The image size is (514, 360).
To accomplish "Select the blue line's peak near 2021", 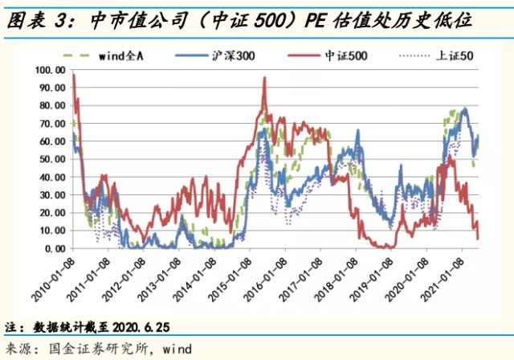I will [464, 108].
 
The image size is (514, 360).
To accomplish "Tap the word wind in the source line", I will [177, 348].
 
